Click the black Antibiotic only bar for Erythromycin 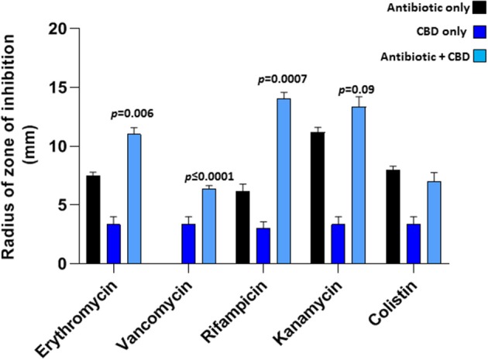[x=93, y=220]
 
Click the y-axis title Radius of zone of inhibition [x=17, y=147]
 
